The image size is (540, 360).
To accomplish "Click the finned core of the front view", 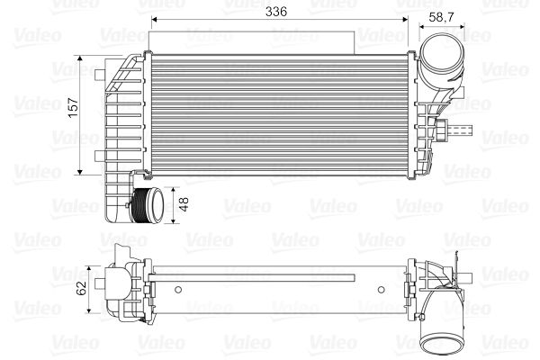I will point(279,112).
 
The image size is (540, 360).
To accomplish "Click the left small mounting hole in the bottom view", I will point(178,290).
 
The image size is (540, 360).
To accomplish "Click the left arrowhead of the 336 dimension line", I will point(154,19).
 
